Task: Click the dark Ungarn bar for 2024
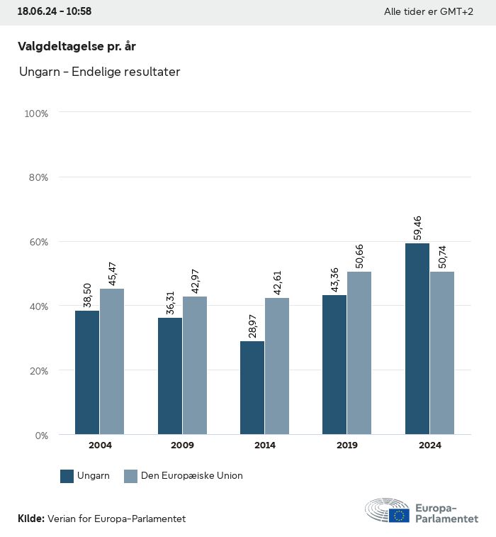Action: click(417, 339)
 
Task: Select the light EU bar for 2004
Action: click(112, 362)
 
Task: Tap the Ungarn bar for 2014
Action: click(252, 388)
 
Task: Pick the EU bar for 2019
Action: click(359, 353)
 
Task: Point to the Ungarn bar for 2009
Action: click(170, 376)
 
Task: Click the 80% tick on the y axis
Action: click(38, 177)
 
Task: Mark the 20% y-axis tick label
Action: click(38, 370)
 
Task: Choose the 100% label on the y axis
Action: click(36, 114)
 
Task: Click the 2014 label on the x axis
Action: click(265, 445)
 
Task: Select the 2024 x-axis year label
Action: click(429, 445)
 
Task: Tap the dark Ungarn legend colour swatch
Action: click(67, 476)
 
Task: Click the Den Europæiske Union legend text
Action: click(191, 476)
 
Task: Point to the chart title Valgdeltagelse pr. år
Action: click(77, 47)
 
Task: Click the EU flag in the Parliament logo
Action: click(399, 516)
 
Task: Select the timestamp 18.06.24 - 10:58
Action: click(55, 12)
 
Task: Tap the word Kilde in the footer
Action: click(30, 519)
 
